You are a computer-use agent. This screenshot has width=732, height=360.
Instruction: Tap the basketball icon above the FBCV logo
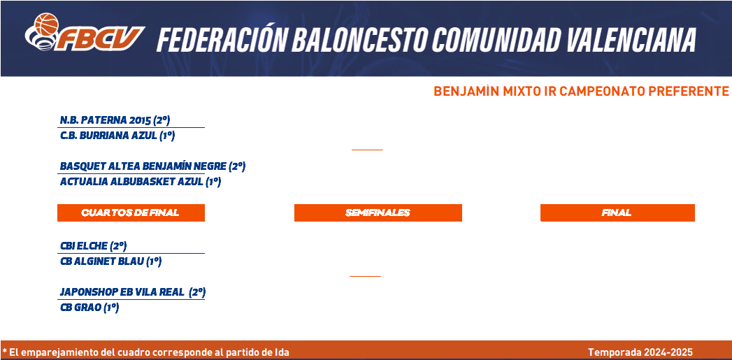pyautogui.click(x=47, y=24)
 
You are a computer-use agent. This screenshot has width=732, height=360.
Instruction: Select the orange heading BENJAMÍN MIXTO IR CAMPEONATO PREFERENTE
pyautogui.click(x=581, y=92)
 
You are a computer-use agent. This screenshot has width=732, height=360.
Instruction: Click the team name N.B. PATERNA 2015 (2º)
pyautogui.click(x=115, y=120)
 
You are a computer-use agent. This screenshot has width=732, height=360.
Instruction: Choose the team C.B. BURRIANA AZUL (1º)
pyautogui.click(x=117, y=136)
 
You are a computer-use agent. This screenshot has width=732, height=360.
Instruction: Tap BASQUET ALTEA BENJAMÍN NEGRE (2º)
pyautogui.click(x=152, y=166)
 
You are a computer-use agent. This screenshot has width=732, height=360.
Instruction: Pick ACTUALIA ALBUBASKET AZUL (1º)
pyautogui.click(x=140, y=182)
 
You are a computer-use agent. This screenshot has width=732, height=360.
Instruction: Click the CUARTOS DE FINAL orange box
pyautogui.click(x=131, y=213)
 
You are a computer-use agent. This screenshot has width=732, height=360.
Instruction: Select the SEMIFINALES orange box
pyautogui.click(x=378, y=213)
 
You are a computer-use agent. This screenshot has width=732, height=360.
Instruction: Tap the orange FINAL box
pyautogui.click(x=617, y=213)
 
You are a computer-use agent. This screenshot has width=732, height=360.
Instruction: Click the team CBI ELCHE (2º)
pyautogui.click(x=94, y=246)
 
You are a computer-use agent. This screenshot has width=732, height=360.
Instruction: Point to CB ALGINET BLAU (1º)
pyautogui.click(x=111, y=262)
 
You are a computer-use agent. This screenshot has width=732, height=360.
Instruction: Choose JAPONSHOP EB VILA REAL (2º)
pyautogui.click(x=133, y=293)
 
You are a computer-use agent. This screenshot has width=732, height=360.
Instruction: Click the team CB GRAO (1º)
pyautogui.click(x=89, y=308)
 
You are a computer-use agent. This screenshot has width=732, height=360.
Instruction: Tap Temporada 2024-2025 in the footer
pyautogui.click(x=640, y=352)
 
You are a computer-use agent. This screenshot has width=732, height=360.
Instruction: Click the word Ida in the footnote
pyautogui.click(x=281, y=352)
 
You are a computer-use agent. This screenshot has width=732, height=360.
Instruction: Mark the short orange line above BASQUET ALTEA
pyautogui.click(x=367, y=150)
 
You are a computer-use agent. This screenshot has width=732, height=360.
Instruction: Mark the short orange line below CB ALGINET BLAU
pyautogui.click(x=365, y=276)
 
